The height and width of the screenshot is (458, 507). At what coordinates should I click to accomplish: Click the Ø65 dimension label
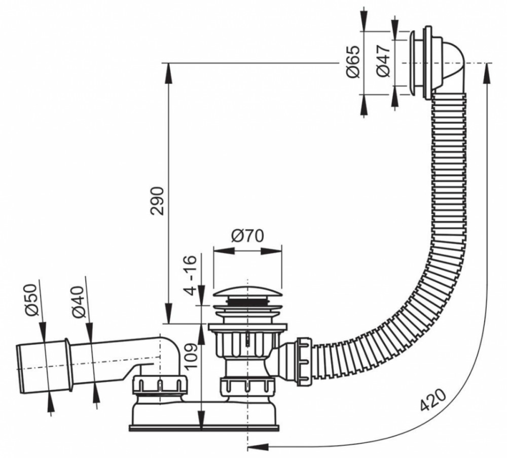(x=352, y=61)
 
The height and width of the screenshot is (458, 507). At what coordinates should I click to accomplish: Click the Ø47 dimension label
(x=383, y=61)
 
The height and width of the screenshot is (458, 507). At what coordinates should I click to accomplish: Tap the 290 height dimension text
(x=158, y=201)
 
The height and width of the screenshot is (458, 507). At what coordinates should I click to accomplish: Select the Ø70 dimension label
(x=247, y=236)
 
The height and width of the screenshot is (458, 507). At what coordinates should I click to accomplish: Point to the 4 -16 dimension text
(x=191, y=275)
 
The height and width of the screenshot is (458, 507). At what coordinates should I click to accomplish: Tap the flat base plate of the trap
(x=204, y=428)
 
